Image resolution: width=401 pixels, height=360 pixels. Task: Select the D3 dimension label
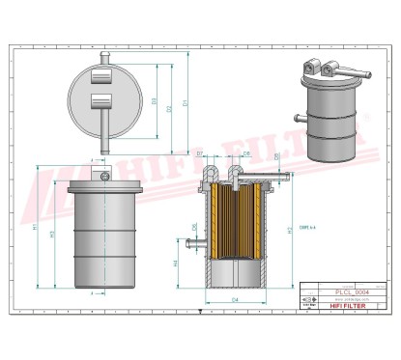pos(156,100)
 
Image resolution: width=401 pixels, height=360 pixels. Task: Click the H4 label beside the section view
pos(175,261)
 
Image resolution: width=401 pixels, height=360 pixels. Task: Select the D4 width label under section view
pos(235,301)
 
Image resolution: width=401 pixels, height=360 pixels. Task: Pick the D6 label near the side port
pos(194,229)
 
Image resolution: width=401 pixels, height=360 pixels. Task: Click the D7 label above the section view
pos(199,153)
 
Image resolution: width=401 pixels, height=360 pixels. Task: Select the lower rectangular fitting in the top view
pos(100,101)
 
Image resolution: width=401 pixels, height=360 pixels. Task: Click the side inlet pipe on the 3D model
pos(299,121)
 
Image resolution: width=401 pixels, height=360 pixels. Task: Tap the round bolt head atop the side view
pos(100,176)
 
